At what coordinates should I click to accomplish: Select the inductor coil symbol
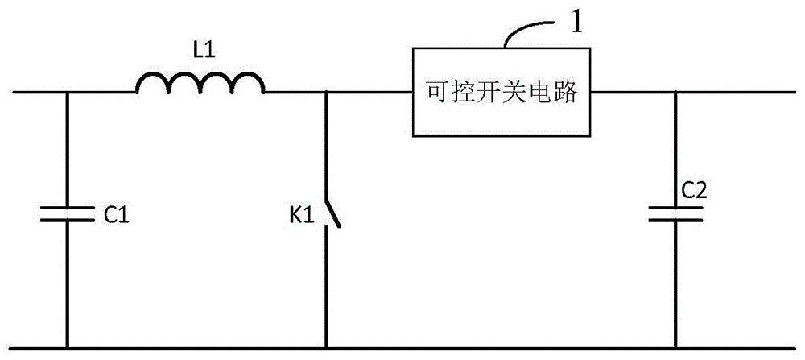click(200, 82)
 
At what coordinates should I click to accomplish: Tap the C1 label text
click(118, 216)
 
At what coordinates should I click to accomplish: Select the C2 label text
click(696, 191)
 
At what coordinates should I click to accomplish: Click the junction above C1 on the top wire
click(67, 92)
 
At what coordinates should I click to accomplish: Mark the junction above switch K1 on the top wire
click(326, 92)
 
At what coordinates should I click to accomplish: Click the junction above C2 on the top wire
click(675, 92)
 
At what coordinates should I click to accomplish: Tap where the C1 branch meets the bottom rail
click(67, 348)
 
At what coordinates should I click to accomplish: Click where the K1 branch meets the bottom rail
click(326, 348)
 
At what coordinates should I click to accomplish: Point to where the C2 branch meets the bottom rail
click(675, 348)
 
